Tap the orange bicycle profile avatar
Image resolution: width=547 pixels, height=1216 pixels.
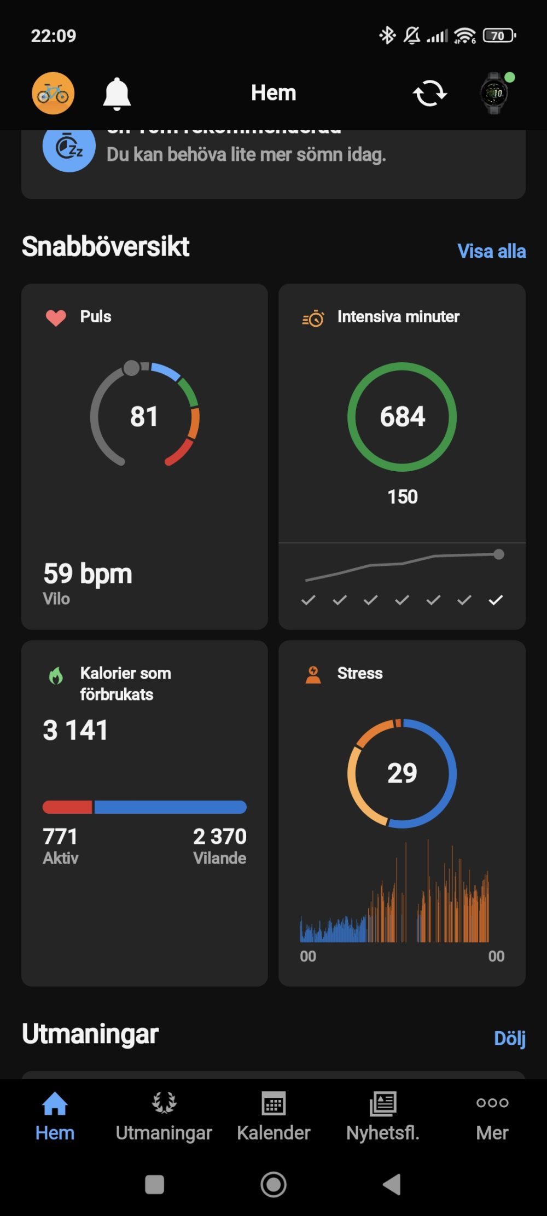(53, 94)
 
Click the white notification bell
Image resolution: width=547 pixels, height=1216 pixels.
(117, 94)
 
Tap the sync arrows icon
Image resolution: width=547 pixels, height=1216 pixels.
(429, 94)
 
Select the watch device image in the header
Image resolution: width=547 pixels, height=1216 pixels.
(494, 94)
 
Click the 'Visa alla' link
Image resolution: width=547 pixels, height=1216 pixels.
(491, 251)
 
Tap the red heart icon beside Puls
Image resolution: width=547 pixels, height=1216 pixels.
(56, 317)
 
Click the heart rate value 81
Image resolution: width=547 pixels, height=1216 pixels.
(144, 416)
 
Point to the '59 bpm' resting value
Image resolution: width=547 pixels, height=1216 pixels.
(88, 574)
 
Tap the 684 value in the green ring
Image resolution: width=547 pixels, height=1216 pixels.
(402, 416)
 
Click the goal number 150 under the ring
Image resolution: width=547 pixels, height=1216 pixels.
(403, 497)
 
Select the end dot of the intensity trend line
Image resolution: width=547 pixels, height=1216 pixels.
(498, 554)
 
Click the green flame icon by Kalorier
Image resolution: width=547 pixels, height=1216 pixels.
(56, 676)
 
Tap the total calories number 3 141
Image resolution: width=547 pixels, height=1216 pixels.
(75, 730)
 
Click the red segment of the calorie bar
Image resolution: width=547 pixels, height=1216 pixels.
(67, 807)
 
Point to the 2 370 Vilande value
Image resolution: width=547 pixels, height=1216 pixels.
(219, 837)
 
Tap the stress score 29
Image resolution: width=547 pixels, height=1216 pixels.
(402, 773)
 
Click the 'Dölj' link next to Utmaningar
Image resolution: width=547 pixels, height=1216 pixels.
(509, 1038)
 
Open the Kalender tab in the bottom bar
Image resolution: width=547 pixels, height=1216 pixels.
(273, 1116)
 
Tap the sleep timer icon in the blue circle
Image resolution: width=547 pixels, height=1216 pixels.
(69, 147)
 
